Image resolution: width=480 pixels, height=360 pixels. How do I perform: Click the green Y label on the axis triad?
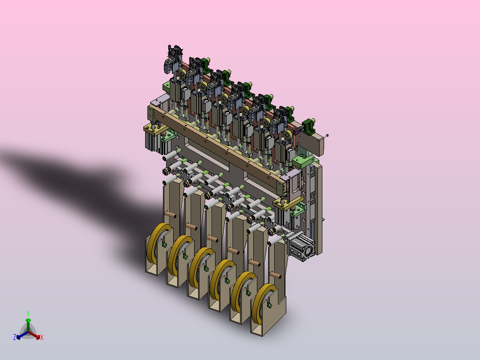[28, 314]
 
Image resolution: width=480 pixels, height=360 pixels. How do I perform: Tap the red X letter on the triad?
[42, 337]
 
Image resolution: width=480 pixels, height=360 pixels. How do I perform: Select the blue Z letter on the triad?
[15, 337]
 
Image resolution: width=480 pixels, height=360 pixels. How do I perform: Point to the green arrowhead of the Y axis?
[28, 320]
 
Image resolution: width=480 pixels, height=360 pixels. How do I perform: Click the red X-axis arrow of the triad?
[34, 335]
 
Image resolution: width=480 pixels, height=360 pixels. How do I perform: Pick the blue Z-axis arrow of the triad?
[22, 335]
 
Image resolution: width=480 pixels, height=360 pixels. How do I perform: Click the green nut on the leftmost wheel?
[164, 245]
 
